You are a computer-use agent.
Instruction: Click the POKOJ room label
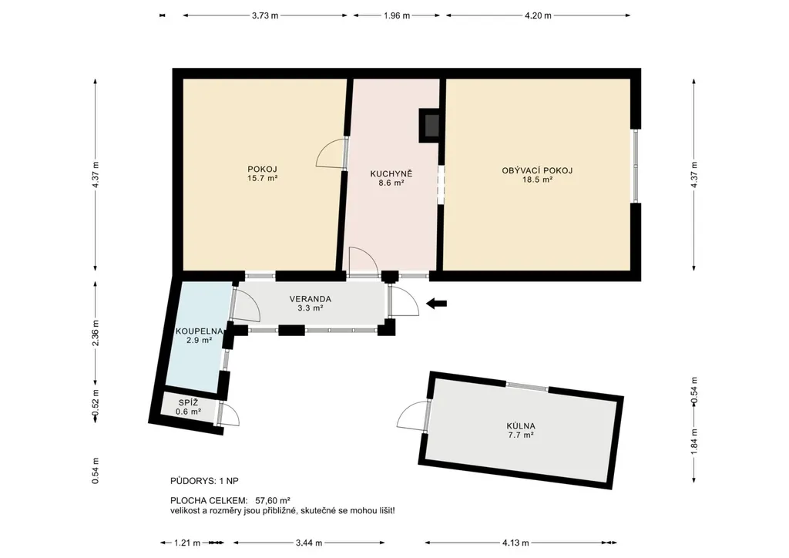pyautogui.click(x=262, y=170)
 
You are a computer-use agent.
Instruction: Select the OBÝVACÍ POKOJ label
pyautogui.click(x=537, y=170)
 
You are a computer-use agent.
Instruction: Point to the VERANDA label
pyautogui.click(x=310, y=299)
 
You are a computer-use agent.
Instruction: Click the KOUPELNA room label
pyautogui.click(x=199, y=331)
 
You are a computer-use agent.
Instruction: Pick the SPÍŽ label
pyautogui.click(x=188, y=402)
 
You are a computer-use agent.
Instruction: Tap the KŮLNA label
pyautogui.click(x=521, y=425)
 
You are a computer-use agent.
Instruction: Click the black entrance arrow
pyautogui.click(x=436, y=304)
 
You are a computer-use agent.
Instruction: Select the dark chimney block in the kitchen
pyautogui.click(x=429, y=126)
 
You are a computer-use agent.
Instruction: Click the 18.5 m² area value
pyautogui.click(x=537, y=180)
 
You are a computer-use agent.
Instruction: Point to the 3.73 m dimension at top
pyautogui.click(x=265, y=15)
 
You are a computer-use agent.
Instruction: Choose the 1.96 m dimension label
pyautogui.click(x=397, y=15)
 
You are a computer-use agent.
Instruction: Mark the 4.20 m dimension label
pyautogui.click(x=538, y=15)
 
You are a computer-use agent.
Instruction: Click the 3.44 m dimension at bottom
pyautogui.click(x=308, y=543)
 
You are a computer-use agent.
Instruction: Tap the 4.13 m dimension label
pyautogui.click(x=515, y=543)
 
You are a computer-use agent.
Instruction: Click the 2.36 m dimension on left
pyautogui.click(x=96, y=333)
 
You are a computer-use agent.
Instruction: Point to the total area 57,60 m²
pyautogui.click(x=273, y=501)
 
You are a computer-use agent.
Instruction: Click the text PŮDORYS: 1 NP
pyautogui.click(x=204, y=481)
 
